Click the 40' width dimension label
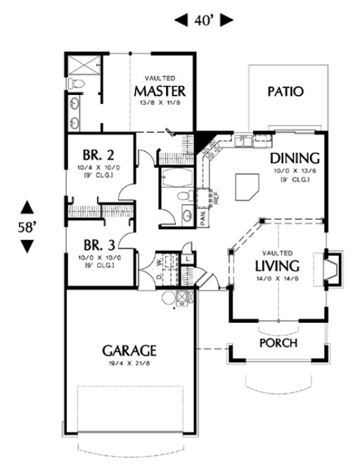[x=203, y=20]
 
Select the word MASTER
[x=160, y=91]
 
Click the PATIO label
[x=285, y=91]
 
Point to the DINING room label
[x=295, y=158]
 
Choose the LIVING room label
[x=276, y=266]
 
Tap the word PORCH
[x=278, y=343]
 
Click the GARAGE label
[x=129, y=350]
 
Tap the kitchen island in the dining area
[x=247, y=185]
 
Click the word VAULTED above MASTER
[x=160, y=78]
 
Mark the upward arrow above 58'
[x=27, y=207]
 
